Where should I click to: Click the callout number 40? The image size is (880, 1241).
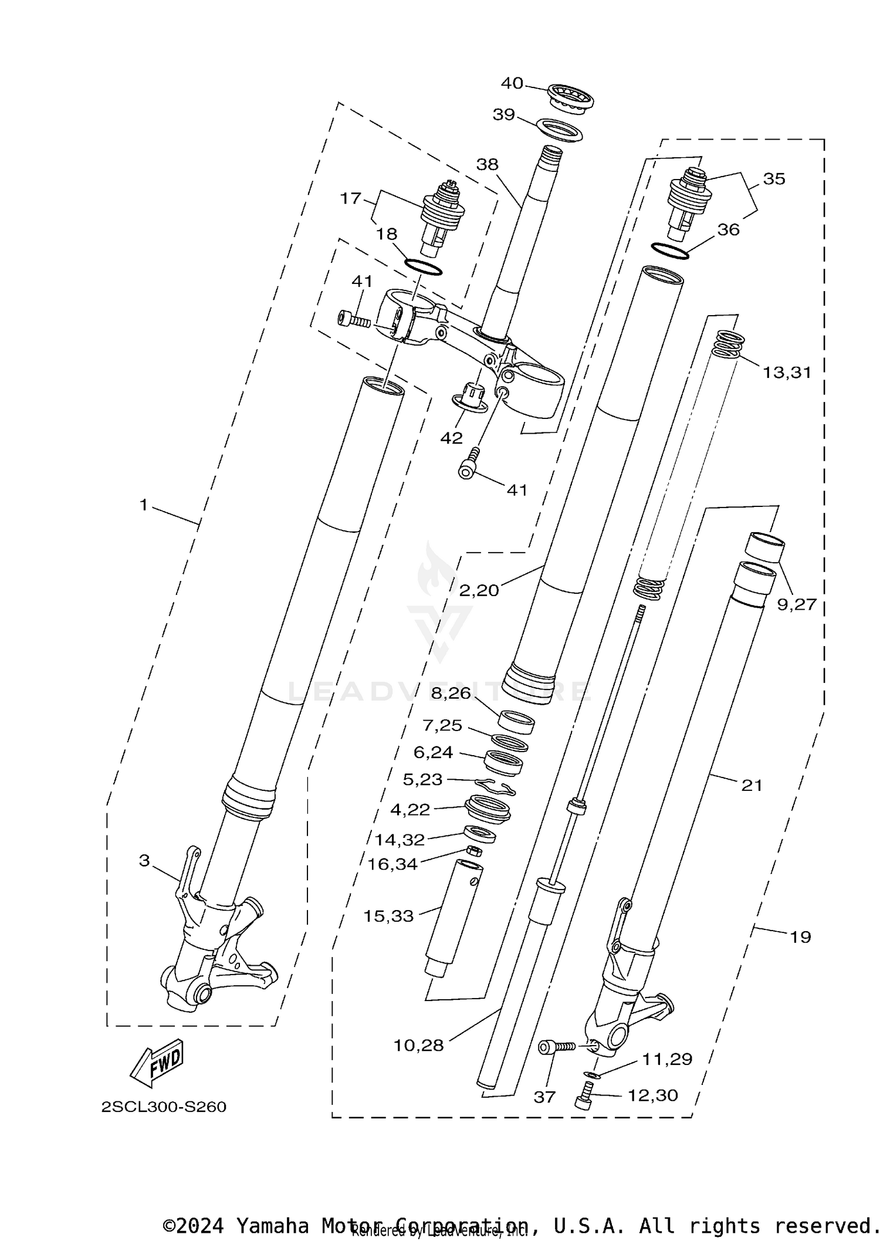(511, 83)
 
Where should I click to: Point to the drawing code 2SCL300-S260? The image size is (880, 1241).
(164, 1107)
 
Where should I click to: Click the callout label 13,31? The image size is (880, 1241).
(786, 372)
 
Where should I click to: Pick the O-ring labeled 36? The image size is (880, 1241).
(669, 251)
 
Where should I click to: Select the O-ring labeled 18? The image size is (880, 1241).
(423, 266)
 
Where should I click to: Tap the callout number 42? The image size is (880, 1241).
(451, 438)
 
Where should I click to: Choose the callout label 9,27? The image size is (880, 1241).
(797, 604)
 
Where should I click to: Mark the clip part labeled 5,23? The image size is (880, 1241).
(496, 786)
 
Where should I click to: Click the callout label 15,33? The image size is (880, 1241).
(388, 916)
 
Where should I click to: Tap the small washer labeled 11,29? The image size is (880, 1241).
(593, 1075)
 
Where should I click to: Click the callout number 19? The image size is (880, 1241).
(800, 937)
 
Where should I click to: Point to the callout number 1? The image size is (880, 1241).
(143, 505)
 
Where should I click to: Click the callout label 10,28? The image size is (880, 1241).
(418, 1045)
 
